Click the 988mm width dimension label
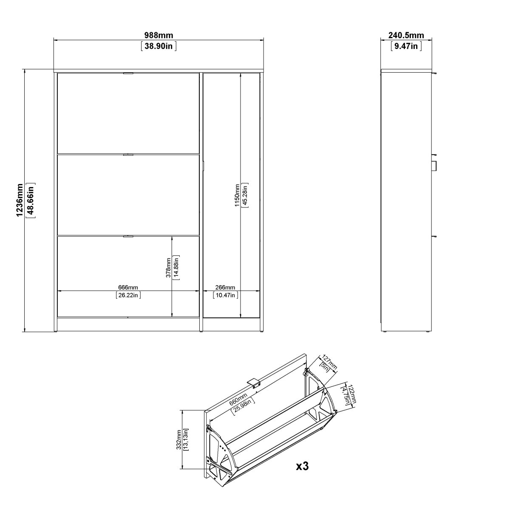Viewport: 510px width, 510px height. (159, 35)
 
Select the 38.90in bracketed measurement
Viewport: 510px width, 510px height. (159, 46)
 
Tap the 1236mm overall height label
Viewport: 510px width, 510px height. (20, 200)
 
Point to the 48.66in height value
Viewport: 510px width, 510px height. (31, 200)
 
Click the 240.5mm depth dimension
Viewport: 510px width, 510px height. (406, 35)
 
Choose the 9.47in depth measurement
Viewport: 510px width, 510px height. (406, 46)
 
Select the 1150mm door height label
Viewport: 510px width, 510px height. (237, 195)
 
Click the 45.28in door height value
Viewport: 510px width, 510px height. (245, 195)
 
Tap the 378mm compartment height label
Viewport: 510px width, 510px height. (168, 268)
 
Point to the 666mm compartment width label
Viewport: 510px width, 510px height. (128, 287)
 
